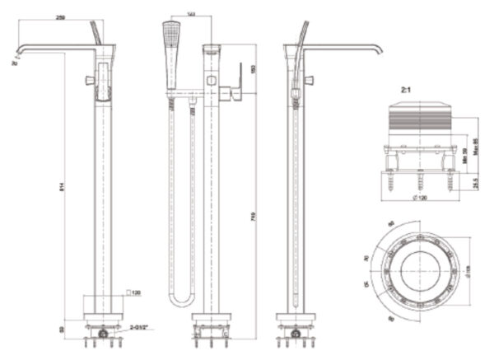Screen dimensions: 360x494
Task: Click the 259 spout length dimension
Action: pyautogui.click(x=62, y=17)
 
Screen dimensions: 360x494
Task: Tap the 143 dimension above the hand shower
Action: pyautogui.click(x=191, y=14)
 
